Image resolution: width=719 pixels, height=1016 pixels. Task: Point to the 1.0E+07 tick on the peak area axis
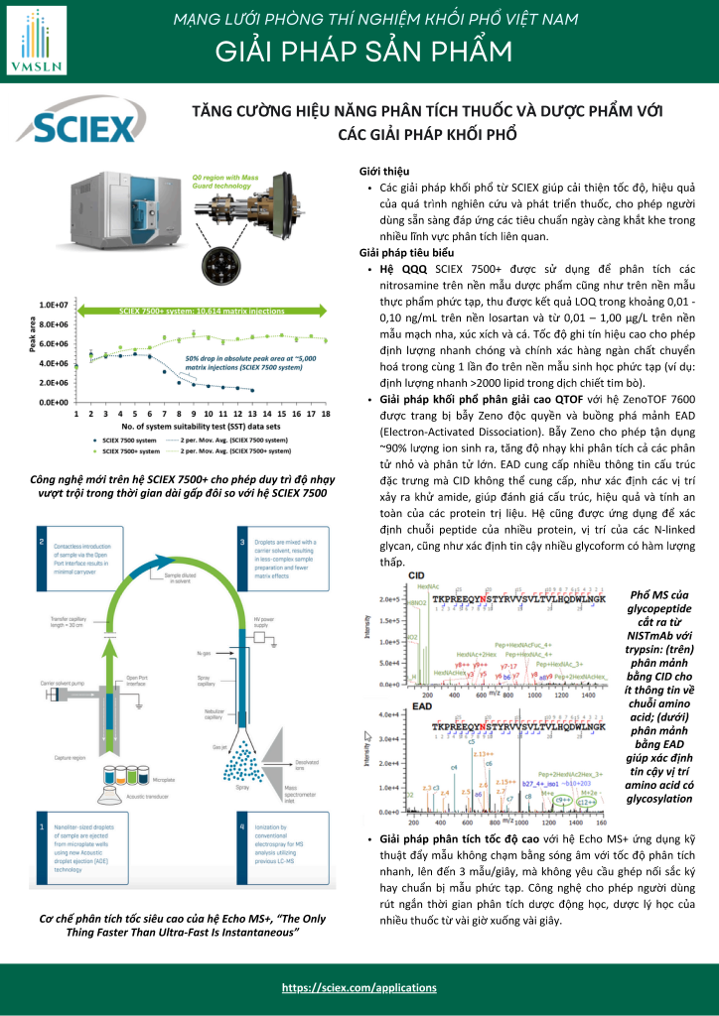click(x=54, y=305)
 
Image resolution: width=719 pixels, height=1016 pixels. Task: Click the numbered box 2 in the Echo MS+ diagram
click(x=41, y=542)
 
